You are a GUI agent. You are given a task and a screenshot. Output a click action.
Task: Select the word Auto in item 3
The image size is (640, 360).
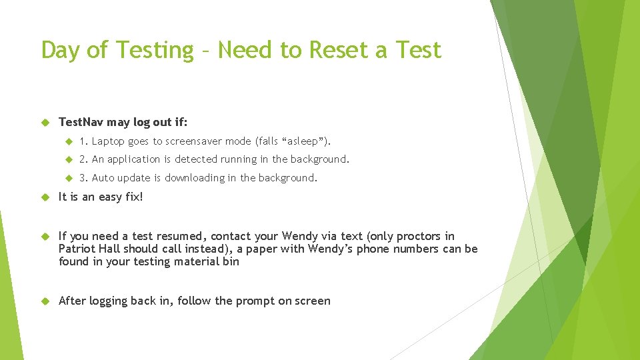(x=103, y=178)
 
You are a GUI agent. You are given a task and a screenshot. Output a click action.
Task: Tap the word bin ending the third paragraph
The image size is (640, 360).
(x=230, y=261)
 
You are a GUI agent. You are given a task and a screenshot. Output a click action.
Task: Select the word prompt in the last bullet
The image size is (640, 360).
(x=252, y=301)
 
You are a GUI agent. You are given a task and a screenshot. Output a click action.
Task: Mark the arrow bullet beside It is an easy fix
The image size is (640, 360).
(x=46, y=197)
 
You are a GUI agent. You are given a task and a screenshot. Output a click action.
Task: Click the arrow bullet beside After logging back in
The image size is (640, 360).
(x=46, y=301)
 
